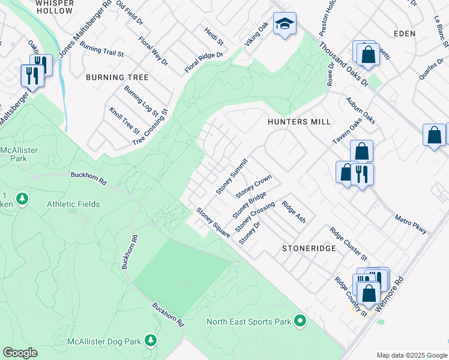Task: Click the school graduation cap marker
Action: click(285, 25)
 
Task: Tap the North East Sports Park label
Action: click(249, 322)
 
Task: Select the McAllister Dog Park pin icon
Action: click(151, 341)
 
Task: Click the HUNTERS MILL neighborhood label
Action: click(300, 122)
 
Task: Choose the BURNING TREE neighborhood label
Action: click(117, 78)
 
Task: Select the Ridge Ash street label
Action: click(294, 212)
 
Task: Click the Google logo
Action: click(20, 353)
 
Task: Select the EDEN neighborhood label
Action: click(405, 34)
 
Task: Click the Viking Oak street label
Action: click(256, 36)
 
